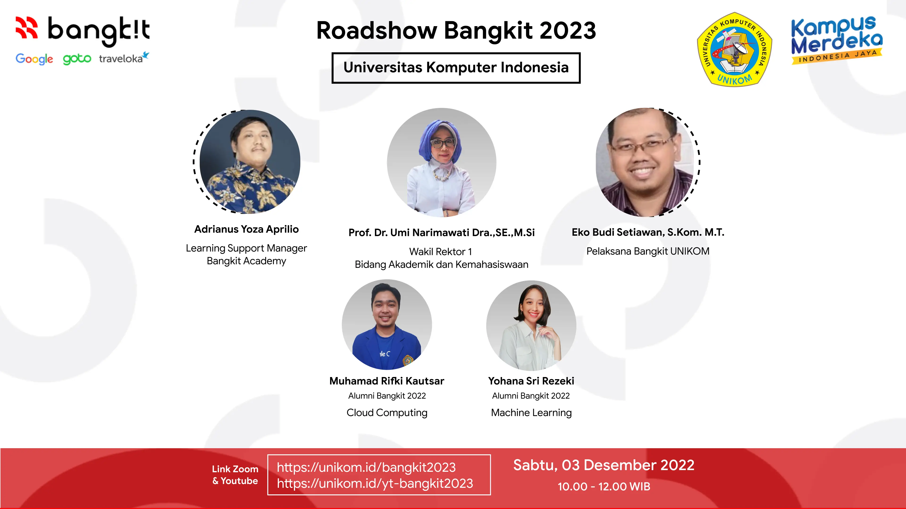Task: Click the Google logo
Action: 34,59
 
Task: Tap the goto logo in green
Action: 77,59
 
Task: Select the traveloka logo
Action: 123,58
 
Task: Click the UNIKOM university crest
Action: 734,49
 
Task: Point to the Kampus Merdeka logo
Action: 837,40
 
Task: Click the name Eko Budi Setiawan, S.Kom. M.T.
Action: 648,232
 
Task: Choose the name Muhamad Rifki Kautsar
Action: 386,381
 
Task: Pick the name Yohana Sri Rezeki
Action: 531,381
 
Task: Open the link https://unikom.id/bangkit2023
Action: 366,468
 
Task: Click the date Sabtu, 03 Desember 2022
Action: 604,465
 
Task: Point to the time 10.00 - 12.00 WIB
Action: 604,487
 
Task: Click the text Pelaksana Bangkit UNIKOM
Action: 648,251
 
